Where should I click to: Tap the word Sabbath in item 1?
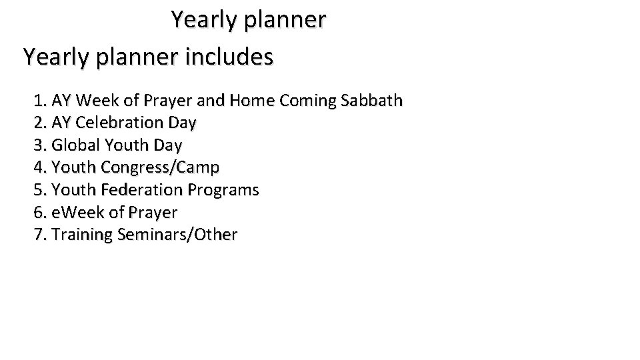pos(371,101)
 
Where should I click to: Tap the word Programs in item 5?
pos(223,190)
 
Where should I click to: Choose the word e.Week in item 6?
pos(76,213)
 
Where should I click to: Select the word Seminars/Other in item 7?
pos(177,235)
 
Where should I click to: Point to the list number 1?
pos(39,101)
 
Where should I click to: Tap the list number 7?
pos(39,235)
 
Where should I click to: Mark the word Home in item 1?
pos(251,101)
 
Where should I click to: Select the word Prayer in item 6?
pos(153,213)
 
